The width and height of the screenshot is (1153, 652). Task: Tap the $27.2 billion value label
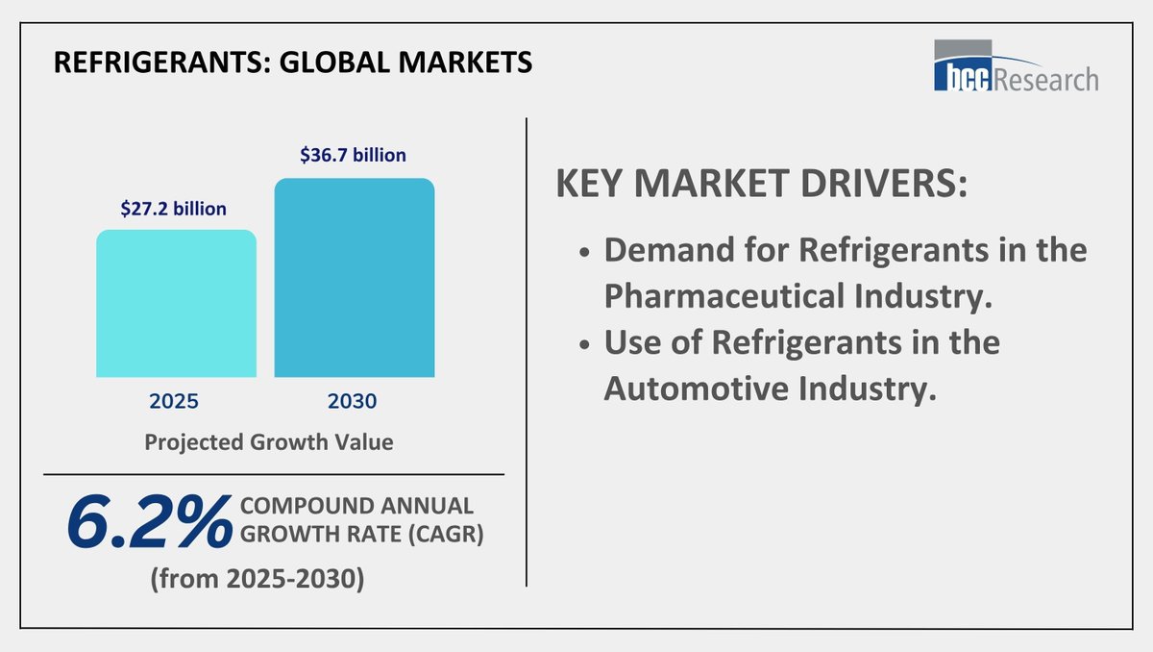[174, 209]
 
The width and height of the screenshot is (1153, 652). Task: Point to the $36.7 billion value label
[353, 155]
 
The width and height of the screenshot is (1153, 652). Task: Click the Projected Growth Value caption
[268, 443]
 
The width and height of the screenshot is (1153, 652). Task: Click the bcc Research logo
[1016, 66]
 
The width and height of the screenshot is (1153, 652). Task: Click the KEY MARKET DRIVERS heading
[761, 186]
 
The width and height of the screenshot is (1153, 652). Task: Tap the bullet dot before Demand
[584, 253]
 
